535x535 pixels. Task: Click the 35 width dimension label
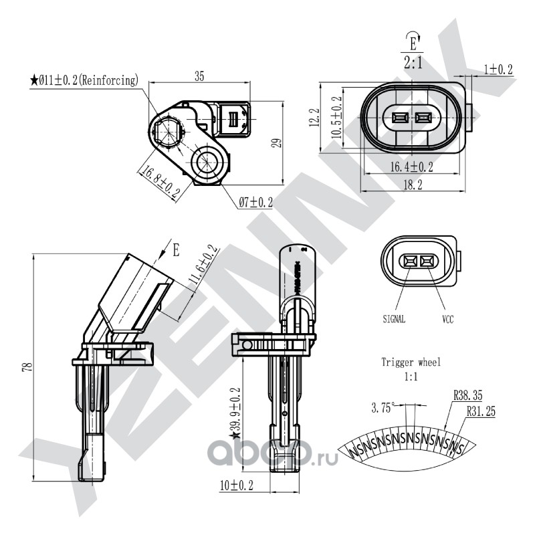coord(199,76)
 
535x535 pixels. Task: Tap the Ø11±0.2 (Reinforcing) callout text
coord(84,80)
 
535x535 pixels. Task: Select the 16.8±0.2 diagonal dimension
coord(159,181)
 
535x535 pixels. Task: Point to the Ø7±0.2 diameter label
coord(256,202)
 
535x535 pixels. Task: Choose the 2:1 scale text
coord(413,64)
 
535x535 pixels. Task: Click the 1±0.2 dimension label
coord(498,70)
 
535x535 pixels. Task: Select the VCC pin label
coord(447,320)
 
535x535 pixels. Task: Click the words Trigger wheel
coord(411,362)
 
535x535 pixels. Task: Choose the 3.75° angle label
coord(383,408)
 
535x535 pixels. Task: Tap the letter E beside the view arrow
coord(177,251)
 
